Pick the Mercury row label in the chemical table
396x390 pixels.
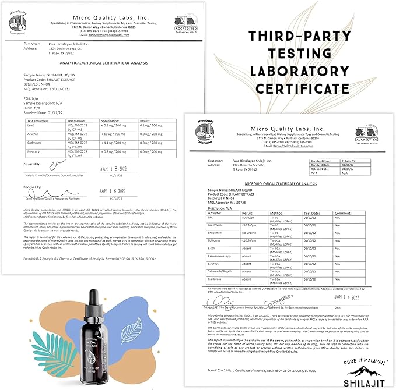(34, 151)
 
